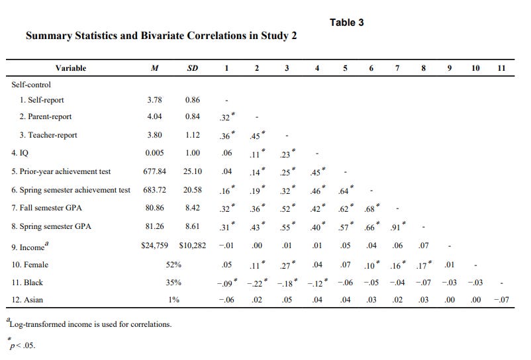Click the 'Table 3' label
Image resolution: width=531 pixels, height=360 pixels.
pos(347,22)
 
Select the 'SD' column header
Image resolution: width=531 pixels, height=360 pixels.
pos(192,68)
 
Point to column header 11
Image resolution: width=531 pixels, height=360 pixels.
pos(501,68)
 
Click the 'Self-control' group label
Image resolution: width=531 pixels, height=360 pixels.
pos(31,85)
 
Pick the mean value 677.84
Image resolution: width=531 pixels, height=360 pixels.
pos(154,171)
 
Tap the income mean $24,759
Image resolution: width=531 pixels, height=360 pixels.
pos(155,246)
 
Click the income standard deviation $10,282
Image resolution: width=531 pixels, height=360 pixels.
pos(192,246)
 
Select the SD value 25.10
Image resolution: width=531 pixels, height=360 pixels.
pos(193,171)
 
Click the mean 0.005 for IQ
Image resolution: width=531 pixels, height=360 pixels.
pos(154,153)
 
